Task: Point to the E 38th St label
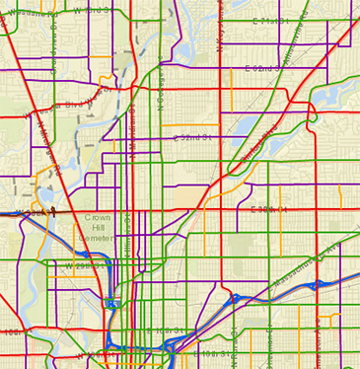[x=268, y=209]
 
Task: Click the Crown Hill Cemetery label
[x=99, y=224]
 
